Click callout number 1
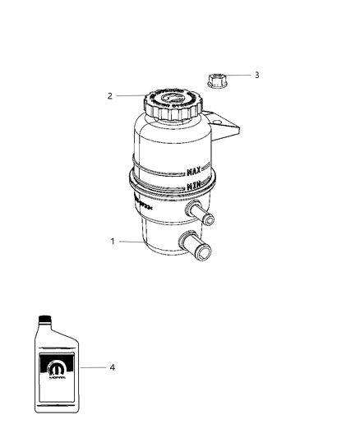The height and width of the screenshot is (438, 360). point(113,242)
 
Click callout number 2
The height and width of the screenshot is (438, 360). point(109,96)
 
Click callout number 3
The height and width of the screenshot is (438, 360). point(257,75)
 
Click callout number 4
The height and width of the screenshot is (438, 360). point(112,367)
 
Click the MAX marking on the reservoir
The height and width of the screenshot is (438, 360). point(195,173)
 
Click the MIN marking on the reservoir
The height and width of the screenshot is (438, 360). point(195,187)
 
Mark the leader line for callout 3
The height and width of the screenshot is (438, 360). point(240,76)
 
